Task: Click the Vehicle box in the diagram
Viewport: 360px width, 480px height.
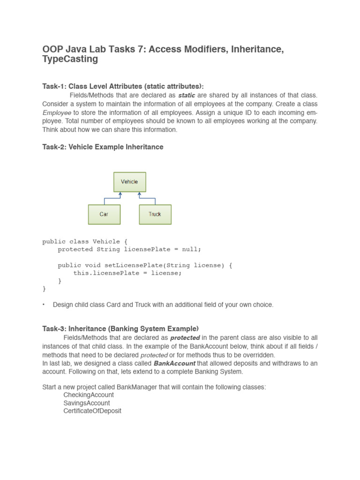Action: click(x=129, y=182)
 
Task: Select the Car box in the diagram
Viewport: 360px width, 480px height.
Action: click(x=104, y=214)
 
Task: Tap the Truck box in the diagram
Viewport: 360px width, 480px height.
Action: click(x=155, y=214)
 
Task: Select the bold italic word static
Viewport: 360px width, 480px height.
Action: click(x=187, y=95)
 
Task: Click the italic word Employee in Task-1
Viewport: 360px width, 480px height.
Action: click(x=57, y=112)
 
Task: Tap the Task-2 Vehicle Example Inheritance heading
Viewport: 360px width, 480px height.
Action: click(x=103, y=147)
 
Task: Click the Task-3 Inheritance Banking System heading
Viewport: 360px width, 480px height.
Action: click(x=120, y=329)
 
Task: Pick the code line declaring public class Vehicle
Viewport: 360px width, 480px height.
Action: click(x=85, y=241)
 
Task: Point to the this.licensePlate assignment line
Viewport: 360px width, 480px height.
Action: click(x=127, y=273)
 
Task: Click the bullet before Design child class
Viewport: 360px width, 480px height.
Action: click(x=44, y=305)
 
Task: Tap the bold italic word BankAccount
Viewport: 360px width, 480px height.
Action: click(x=174, y=363)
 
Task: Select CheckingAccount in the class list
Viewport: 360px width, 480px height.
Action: click(x=88, y=395)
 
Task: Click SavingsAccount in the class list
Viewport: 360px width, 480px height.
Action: click(x=87, y=403)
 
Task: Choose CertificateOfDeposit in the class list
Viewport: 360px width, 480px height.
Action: click(x=92, y=411)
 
